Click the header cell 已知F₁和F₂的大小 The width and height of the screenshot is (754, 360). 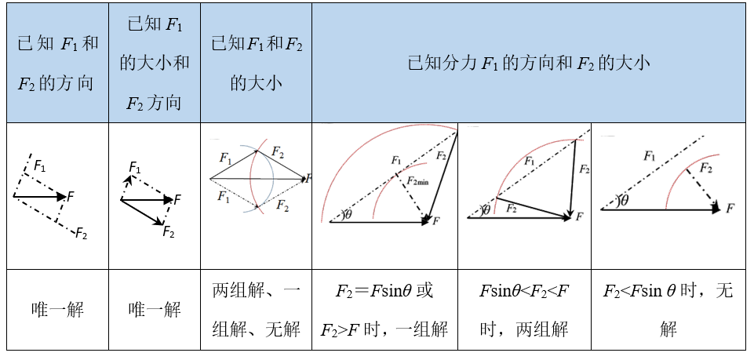pos(257,63)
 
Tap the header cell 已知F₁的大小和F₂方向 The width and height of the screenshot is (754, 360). pos(155,63)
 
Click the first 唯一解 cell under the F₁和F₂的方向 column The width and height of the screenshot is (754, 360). pos(57,310)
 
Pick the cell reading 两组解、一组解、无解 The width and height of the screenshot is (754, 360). pos(257,310)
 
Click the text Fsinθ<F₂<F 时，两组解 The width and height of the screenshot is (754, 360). pos(524,310)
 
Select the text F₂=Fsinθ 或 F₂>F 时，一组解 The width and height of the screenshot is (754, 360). pos(384,310)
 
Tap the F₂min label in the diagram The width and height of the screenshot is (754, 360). pos(417,181)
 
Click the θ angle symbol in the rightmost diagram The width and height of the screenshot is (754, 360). pos(625,201)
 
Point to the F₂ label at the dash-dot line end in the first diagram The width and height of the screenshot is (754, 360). pos(81,234)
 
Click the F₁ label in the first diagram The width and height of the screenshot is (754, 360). pos(40,166)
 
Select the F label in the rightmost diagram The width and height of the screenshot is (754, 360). pos(730,208)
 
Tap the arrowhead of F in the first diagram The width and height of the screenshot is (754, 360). pos(61,196)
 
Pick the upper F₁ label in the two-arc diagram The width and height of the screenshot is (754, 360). pos(225,158)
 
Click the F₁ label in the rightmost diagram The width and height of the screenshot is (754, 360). pos(649,156)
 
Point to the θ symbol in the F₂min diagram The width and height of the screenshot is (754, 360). pos(348,215)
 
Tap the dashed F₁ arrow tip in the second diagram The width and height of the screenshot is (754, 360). pos(129,177)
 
